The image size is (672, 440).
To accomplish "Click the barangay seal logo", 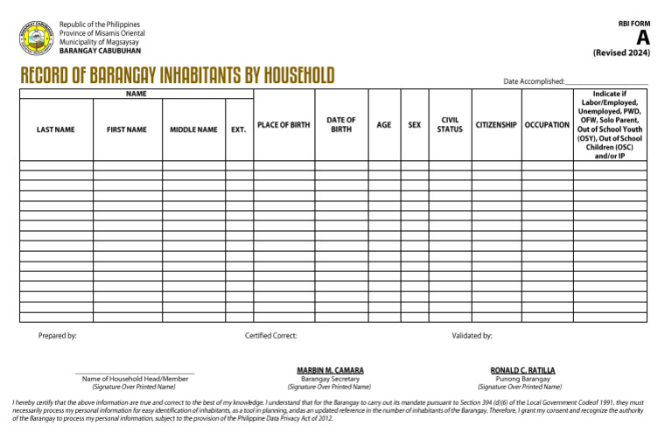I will pos(36,38).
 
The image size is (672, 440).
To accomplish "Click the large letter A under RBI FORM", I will pos(643,37).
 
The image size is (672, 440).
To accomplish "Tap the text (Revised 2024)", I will pos(621,52).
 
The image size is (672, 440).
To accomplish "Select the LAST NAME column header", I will pos(56,129).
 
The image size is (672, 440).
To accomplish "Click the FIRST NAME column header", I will pos(127,129).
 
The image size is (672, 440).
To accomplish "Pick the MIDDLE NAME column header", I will pos(193,129).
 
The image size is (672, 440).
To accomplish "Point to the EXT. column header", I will pos(238,129).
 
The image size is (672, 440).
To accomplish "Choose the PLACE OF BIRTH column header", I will pos(283,125).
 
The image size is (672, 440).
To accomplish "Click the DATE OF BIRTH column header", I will pos(341,124).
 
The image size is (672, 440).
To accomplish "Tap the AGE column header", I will pos(383,125).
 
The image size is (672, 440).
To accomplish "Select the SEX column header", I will pos(414,125).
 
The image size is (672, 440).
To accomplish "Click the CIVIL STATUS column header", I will pos(450,124).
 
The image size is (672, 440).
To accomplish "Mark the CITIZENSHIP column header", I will pos(496,125).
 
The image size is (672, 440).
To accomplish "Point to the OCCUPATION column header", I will pos(547,125).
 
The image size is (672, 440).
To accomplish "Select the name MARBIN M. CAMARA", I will pos(329,370).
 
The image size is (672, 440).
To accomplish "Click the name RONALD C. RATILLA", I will pos(522,370).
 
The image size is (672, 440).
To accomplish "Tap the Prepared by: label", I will pos(58,335).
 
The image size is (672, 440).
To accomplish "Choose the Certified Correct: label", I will pos(270,335).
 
